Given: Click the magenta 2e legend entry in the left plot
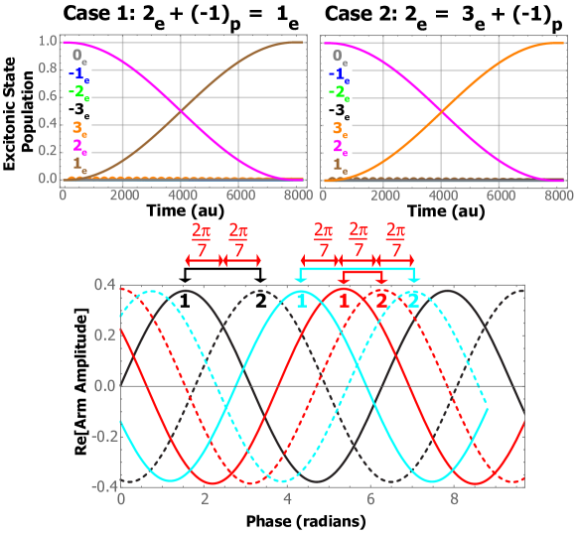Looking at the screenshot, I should click(x=75, y=147).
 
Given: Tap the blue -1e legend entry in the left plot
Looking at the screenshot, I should click(x=75, y=74).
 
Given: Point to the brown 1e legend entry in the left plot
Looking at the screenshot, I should click(x=75, y=166).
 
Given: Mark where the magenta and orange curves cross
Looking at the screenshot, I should click(x=441, y=111).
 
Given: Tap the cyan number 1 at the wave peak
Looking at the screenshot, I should click(x=302, y=301).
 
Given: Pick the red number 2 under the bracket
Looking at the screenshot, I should click(x=381, y=301).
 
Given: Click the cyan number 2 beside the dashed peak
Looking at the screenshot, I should click(x=413, y=301).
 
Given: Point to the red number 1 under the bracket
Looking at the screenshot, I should click(x=344, y=301).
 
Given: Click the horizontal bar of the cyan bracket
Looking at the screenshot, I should click(x=358, y=268).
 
